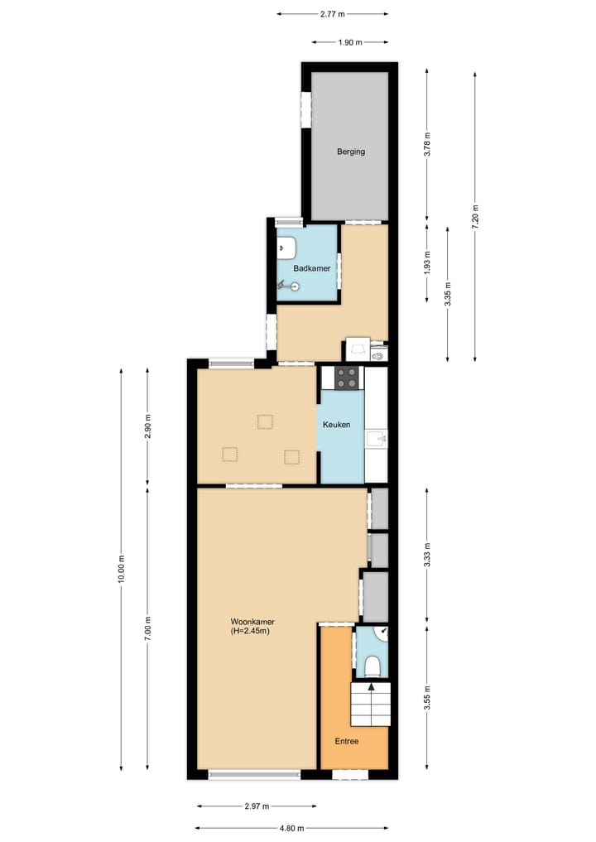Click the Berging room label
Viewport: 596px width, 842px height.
pos(350,152)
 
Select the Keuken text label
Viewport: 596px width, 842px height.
pos(337,425)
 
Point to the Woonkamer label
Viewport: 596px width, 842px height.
pos(252,622)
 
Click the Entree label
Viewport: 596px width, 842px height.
pos(347,741)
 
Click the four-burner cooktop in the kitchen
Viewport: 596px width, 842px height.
pos(348,378)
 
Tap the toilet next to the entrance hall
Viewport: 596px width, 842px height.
pos(372,666)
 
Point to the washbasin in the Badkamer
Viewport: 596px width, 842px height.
pos(287,246)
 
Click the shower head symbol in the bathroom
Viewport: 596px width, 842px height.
pos(291,286)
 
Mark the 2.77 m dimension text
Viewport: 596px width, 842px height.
pos(332,14)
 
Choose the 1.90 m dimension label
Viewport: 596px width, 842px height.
pos(350,42)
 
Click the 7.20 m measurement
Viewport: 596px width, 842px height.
pos(475,215)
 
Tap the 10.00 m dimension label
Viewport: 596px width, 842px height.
pos(121,569)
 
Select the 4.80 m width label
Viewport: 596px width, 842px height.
pos(291,828)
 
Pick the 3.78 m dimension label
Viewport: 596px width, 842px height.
pos(427,144)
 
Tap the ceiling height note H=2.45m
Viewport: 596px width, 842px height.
pos(251,632)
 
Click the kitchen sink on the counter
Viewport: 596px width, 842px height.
pos(377,435)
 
